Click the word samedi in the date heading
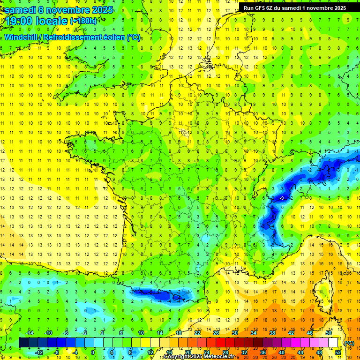(x=21, y=10)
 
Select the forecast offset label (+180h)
(x=83, y=21)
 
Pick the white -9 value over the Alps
(x=282, y=198)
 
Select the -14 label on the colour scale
(x=30, y=333)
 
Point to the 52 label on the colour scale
(x=337, y=352)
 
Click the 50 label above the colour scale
(x=329, y=333)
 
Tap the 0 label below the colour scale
(x=93, y=352)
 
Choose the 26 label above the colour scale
(x=216, y=333)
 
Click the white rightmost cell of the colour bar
(x=333, y=343)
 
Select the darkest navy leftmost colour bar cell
(x=23, y=343)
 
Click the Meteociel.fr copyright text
(x=199, y=357)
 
